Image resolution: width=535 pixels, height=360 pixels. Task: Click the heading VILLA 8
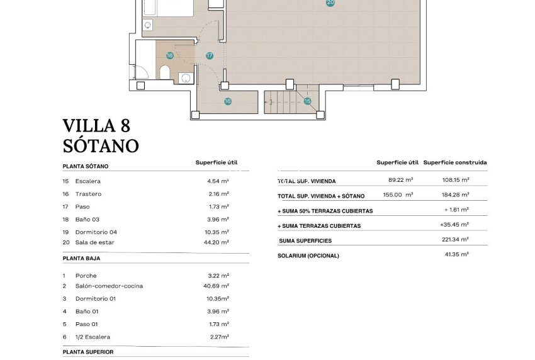click(x=97, y=126)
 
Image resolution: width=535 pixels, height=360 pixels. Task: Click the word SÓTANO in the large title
click(x=101, y=146)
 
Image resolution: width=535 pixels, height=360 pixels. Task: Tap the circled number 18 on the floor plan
click(x=169, y=55)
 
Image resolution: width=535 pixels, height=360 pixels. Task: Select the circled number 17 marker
click(x=210, y=55)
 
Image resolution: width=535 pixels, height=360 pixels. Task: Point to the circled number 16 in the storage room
click(x=227, y=101)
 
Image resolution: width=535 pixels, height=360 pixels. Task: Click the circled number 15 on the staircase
click(x=308, y=101)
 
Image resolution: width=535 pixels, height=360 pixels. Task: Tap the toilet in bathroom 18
click(x=165, y=74)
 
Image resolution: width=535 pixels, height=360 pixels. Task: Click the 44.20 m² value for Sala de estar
click(x=218, y=242)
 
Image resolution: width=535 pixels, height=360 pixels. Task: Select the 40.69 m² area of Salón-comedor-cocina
click(x=218, y=286)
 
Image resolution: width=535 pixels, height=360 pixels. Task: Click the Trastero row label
click(x=88, y=194)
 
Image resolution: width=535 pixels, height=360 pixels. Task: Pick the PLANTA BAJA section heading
click(x=82, y=258)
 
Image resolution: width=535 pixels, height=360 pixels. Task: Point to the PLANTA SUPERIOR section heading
click(x=88, y=352)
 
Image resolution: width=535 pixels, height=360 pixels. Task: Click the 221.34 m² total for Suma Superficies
click(x=455, y=240)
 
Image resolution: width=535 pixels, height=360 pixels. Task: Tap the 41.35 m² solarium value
click(x=456, y=254)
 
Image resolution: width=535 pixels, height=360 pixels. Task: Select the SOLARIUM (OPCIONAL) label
click(x=308, y=256)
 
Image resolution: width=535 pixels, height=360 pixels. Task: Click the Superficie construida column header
click(x=454, y=162)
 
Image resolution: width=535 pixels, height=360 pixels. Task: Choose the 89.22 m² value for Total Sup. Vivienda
click(x=401, y=179)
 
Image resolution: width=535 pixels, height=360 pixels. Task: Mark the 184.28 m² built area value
click(x=456, y=194)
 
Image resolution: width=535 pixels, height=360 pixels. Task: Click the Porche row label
click(x=86, y=276)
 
